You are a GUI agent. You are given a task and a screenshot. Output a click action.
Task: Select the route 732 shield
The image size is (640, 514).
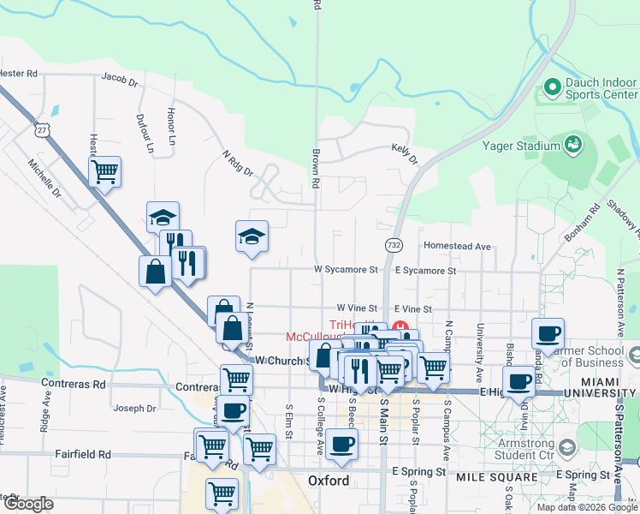pyautogui.click(x=394, y=245)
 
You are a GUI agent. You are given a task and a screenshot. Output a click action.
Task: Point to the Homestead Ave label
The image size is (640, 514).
pyautogui.click(x=457, y=247)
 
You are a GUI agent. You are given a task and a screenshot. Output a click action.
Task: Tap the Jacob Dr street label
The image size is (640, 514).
pyautogui.click(x=120, y=80)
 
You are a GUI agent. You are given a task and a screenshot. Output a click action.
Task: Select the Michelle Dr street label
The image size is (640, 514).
pyautogui.click(x=44, y=178)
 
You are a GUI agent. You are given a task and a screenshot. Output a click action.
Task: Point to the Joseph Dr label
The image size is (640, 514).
pyautogui.click(x=134, y=408)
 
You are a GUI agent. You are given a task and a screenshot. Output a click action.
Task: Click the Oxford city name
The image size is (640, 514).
pyautogui.click(x=329, y=481)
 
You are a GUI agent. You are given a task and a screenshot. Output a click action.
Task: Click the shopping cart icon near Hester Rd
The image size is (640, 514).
pyautogui.click(x=104, y=171)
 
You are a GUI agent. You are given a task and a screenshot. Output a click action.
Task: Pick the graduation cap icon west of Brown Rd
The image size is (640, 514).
pyautogui.click(x=252, y=236)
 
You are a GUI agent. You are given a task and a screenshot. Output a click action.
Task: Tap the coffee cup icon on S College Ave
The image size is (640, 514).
pyautogui.click(x=342, y=444)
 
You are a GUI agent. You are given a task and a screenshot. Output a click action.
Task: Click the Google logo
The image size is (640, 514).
pyautogui.click(x=28, y=504)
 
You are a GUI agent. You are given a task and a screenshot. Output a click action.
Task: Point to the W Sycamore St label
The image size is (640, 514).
pyautogui.click(x=346, y=270)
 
